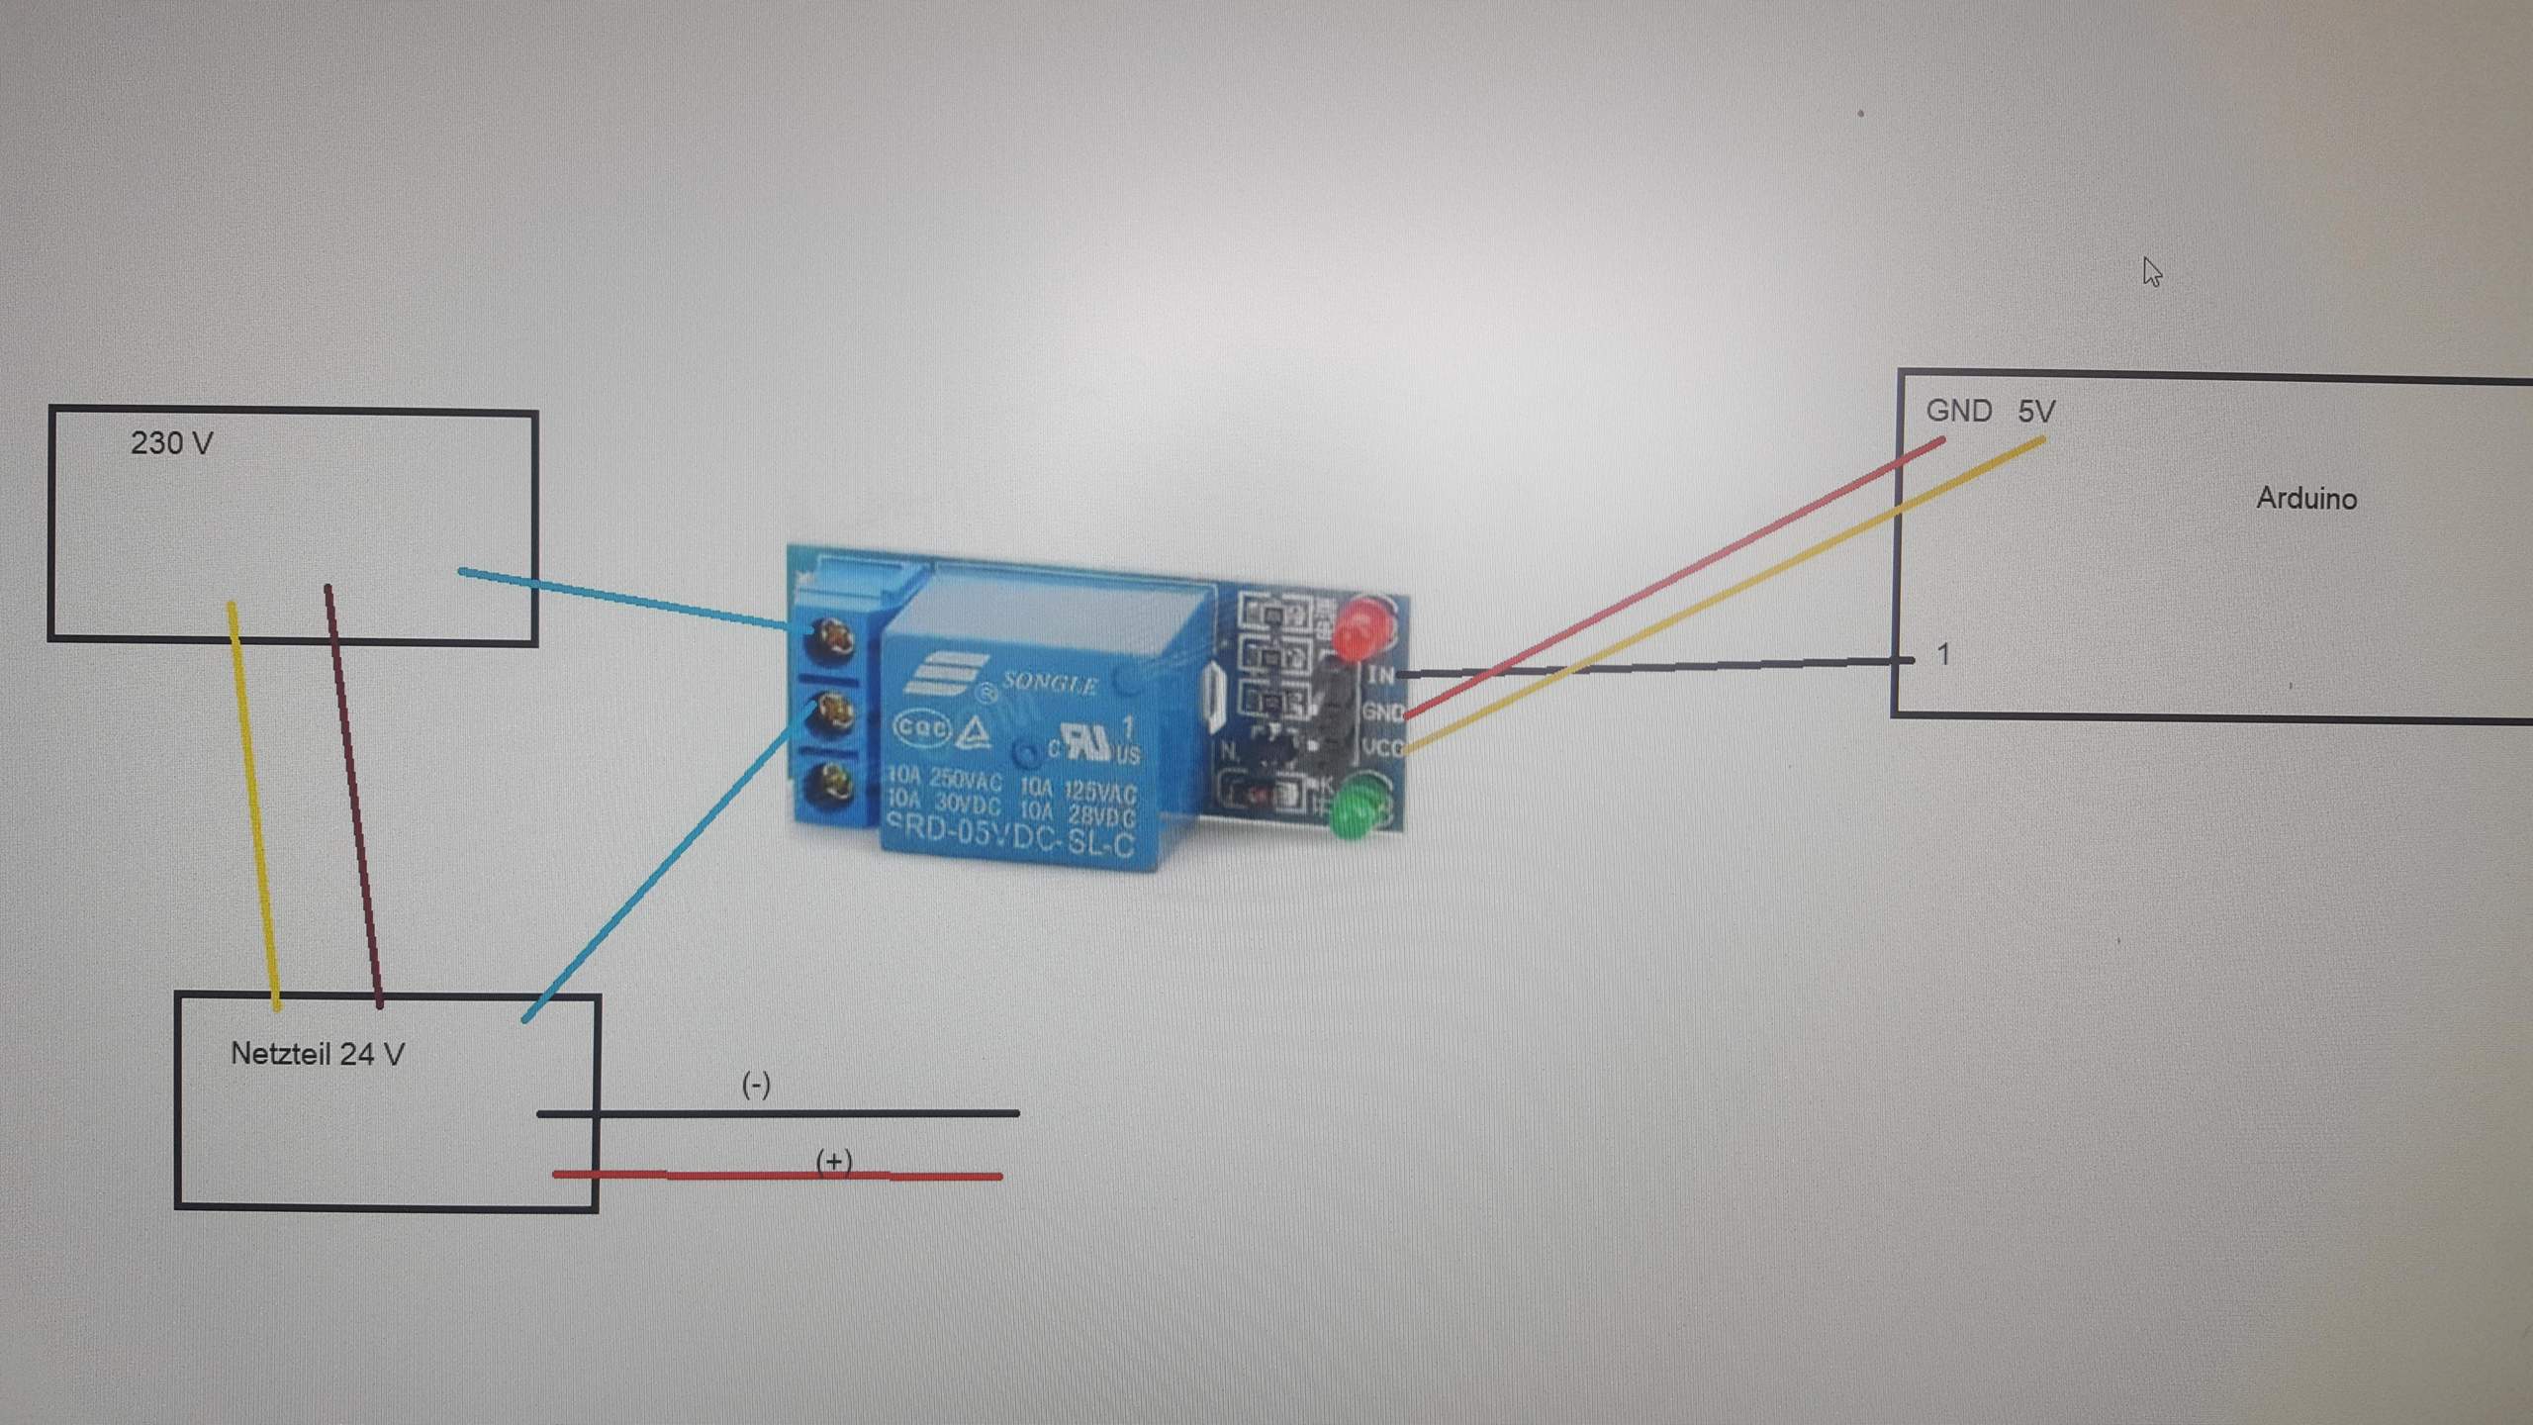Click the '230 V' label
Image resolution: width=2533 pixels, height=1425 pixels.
pos(171,442)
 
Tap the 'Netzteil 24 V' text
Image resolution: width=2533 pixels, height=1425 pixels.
pos(317,1054)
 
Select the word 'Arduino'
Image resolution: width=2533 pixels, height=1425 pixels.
pos(2305,498)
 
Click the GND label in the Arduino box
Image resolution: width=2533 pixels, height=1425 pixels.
pos(1958,411)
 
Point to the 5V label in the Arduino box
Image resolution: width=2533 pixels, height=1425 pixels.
pos(2036,411)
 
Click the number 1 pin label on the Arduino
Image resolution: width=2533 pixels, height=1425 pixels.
pos(1943,654)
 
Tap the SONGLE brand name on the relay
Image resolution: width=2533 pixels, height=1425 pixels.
pos(1049,683)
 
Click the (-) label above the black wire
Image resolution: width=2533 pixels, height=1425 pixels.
pos(756,1085)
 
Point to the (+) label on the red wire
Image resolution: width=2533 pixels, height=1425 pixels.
pos(834,1160)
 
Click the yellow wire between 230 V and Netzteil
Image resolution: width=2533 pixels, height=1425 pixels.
pos(253,802)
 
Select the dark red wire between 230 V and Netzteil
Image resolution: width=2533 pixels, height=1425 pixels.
pos(353,792)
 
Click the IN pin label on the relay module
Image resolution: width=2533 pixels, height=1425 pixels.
pos(1380,675)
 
